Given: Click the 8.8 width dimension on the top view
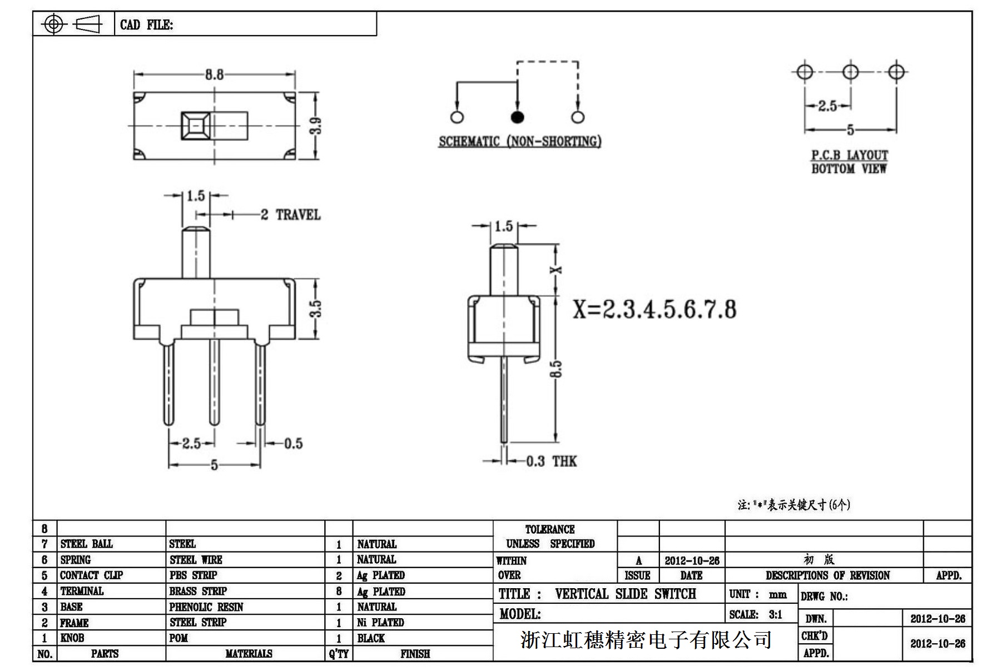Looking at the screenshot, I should (214, 74).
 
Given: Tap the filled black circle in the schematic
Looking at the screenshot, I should (517, 117).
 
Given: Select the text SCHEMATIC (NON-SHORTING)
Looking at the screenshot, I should (520, 142).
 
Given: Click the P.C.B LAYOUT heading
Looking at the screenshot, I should (849, 155).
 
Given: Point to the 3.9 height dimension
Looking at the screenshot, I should (316, 126).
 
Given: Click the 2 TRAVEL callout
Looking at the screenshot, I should (291, 215).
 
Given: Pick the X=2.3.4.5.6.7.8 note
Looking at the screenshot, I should (654, 310).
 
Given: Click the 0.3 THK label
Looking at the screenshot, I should (551, 461).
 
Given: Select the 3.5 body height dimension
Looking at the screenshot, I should (315, 309).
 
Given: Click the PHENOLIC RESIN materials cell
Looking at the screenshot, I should (206, 607).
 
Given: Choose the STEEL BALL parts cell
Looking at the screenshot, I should (86, 544).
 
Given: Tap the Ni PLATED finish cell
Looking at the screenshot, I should (380, 623).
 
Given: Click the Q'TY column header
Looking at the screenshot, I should (338, 654).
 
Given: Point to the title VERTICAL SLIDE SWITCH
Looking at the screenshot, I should (625, 594).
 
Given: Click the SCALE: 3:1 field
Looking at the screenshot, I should (756, 615).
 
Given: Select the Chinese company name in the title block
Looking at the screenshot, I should (646, 640).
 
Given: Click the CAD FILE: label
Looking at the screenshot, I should (146, 25).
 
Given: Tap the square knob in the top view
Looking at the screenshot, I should (196, 126).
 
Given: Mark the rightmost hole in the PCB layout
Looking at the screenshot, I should (896, 72).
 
